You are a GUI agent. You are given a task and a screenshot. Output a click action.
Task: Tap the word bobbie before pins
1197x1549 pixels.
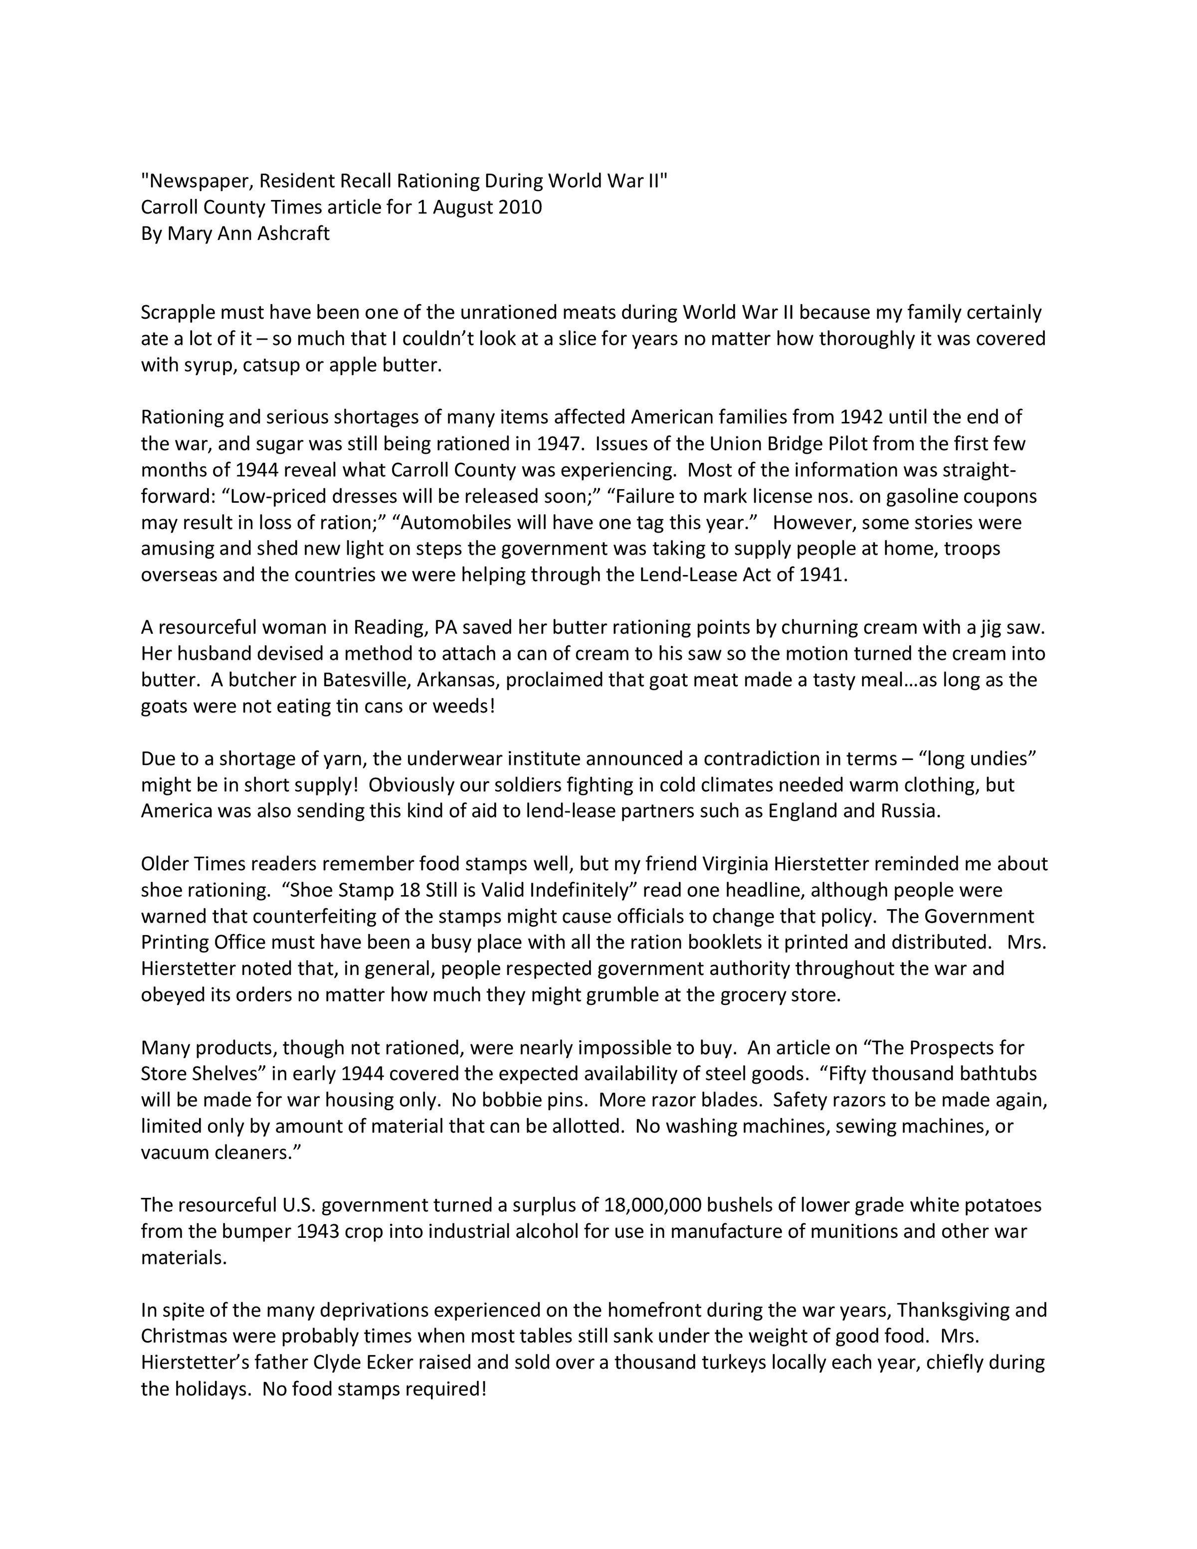click(508, 1100)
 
